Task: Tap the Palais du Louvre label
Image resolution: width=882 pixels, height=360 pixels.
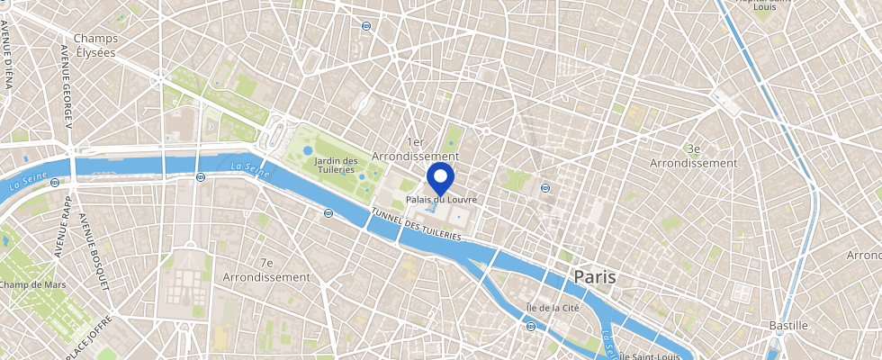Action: pos(440,199)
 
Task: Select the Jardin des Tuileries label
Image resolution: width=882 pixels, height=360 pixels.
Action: pos(336,166)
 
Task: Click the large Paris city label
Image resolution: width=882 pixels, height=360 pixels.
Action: pos(595,276)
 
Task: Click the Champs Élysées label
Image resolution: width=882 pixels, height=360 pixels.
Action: pos(95,45)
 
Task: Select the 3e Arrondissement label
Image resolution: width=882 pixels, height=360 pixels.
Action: pos(698,156)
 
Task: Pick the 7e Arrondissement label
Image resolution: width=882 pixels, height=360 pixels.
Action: pos(266,270)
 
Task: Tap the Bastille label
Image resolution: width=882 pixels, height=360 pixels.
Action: pos(789,324)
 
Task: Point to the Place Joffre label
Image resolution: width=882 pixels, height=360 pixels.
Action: pos(88,338)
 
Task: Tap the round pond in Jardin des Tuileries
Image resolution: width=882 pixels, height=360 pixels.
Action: pos(309,150)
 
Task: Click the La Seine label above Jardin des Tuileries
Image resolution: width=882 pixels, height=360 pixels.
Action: pos(247,167)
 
